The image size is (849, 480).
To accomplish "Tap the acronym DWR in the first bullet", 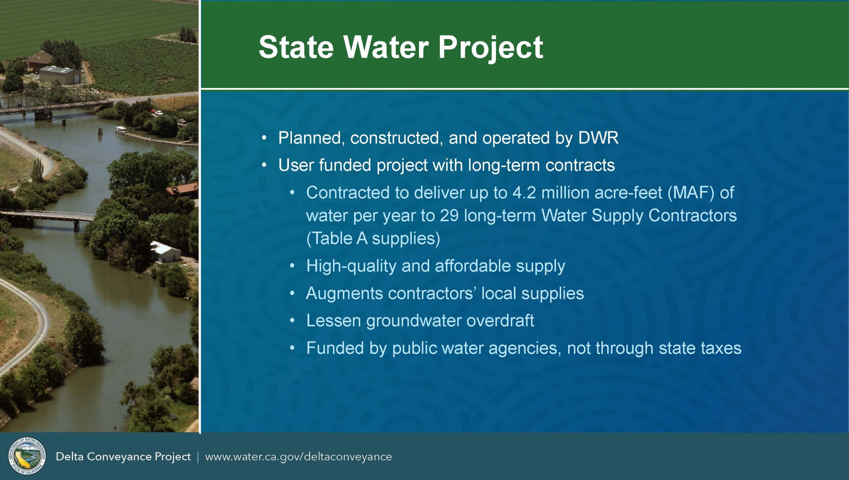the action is pyautogui.click(x=598, y=138).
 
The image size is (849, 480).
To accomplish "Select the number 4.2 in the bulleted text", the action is pyautogui.click(x=524, y=193).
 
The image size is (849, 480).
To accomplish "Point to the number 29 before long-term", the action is pyautogui.click(x=449, y=215).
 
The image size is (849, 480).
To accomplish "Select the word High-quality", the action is pyautogui.click(x=351, y=266).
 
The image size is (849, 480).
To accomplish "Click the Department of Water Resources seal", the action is pyautogui.click(x=27, y=456).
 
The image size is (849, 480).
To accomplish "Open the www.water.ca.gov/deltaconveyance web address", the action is pyautogui.click(x=298, y=457).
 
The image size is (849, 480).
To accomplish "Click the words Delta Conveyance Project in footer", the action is pyautogui.click(x=123, y=457).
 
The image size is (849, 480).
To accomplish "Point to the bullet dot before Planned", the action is pyautogui.click(x=264, y=138).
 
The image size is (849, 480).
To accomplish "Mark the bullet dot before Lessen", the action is pyautogui.click(x=292, y=321).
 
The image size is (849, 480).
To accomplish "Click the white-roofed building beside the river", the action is pyautogui.click(x=165, y=252).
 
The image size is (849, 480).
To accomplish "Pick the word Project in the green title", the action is pyautogui.click(x=491, y=48).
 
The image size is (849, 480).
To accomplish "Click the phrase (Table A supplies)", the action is pyautogui.click(x=373, y=239).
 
